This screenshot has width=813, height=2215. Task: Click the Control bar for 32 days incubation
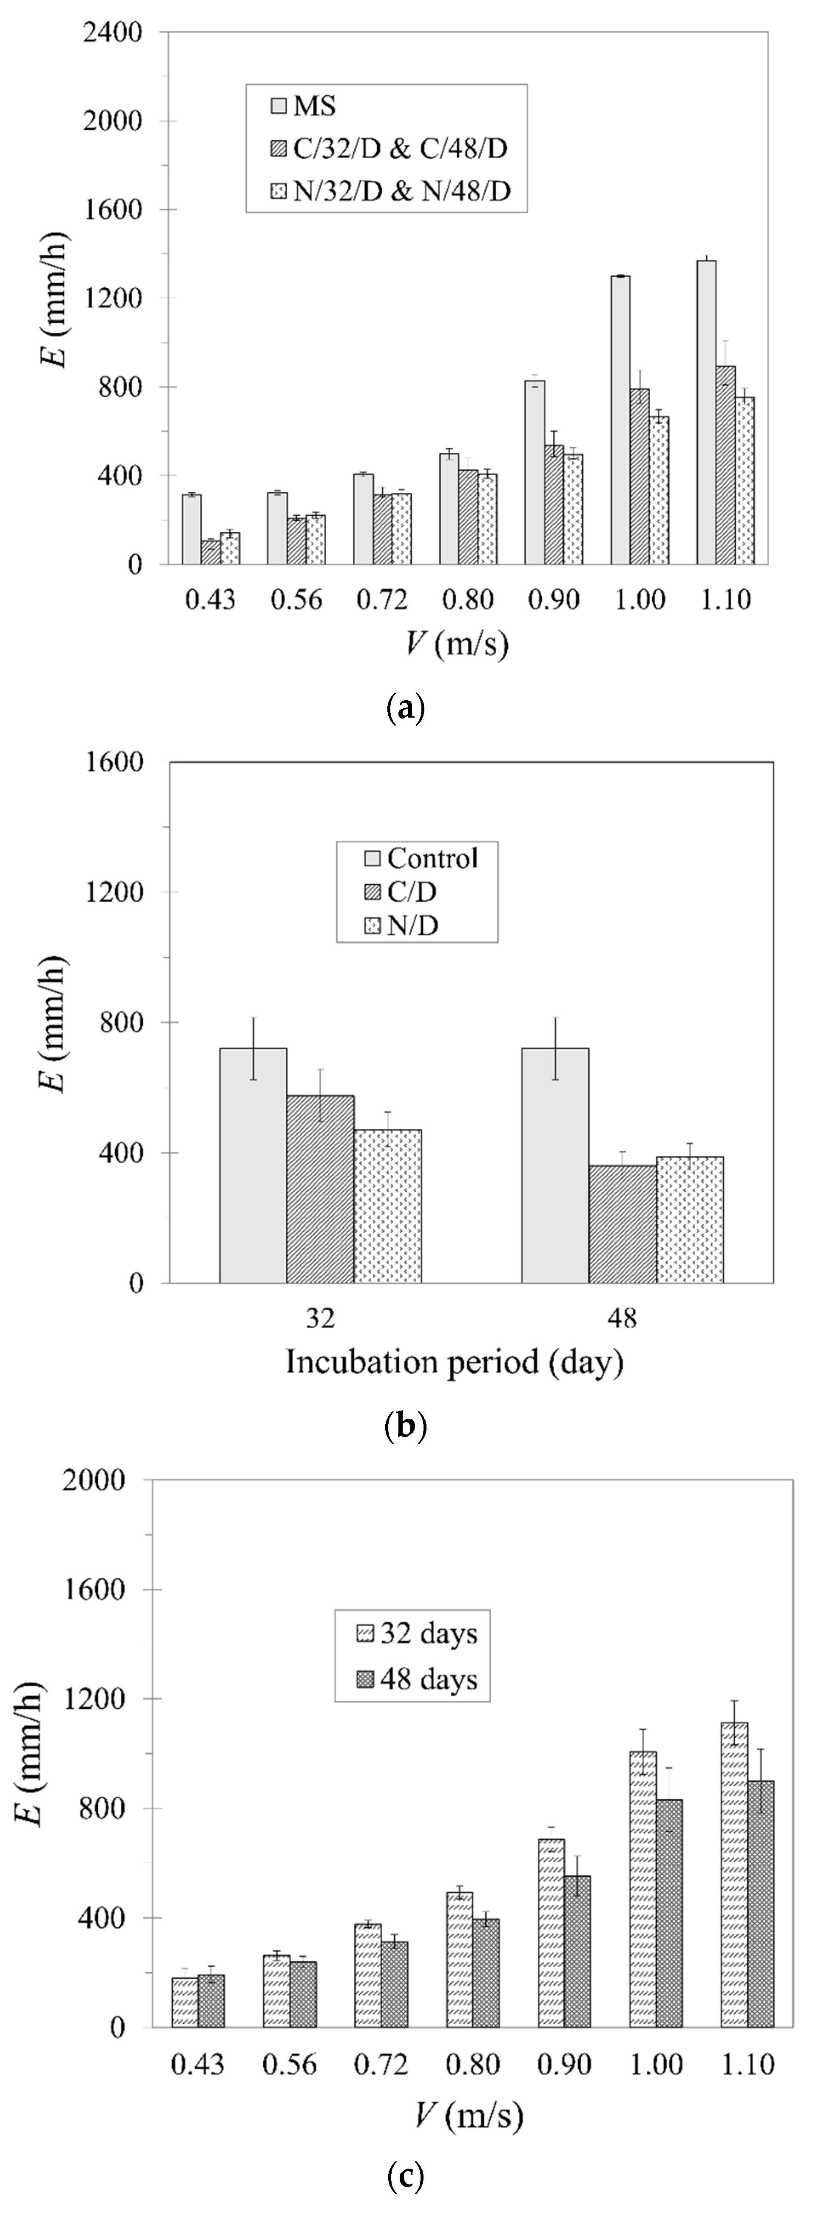(x=253, y=1165)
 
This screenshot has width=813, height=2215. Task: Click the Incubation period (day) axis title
(x=454, y=1363)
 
